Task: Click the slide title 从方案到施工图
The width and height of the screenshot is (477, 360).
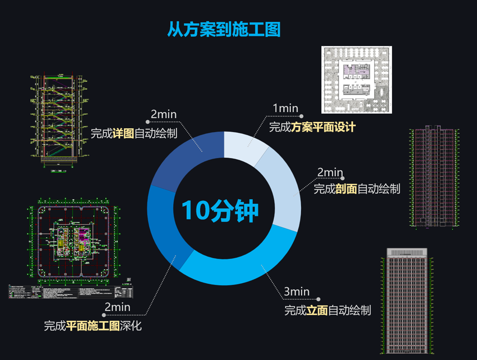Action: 223,30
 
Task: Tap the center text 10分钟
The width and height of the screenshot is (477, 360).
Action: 220,210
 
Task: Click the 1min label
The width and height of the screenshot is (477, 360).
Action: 285,108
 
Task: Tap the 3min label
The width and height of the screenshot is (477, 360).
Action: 296,292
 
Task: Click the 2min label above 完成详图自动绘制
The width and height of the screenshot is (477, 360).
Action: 163,114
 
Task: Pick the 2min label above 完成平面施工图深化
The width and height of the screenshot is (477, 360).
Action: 117,307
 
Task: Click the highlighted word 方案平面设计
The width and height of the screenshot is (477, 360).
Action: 323,128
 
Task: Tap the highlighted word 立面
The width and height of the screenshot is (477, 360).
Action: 317,310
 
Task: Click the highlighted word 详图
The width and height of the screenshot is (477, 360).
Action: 123,133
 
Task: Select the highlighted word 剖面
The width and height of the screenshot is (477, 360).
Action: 346,189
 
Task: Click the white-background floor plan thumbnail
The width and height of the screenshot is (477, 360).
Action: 356,80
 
